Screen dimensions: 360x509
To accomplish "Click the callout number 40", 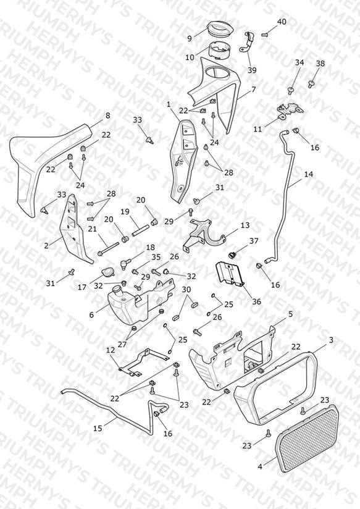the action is [282, 22].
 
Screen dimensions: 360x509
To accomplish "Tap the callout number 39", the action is [252, 70].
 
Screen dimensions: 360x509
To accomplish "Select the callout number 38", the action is [320, 63].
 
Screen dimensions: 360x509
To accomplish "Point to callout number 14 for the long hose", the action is [308, 174].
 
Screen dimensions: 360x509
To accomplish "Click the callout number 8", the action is [108, 116].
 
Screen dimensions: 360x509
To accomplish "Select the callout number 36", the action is [256, 301].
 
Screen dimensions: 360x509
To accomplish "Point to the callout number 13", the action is [245, 225].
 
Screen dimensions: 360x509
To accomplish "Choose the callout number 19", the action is [125, 212].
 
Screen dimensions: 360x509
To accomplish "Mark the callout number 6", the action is [91, 314].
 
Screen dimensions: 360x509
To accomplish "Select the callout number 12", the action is [111, 350].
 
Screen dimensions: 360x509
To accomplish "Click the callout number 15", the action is [98, 428].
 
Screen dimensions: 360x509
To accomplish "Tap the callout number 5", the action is [291, 314].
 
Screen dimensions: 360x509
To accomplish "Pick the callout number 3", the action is [331, 340].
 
